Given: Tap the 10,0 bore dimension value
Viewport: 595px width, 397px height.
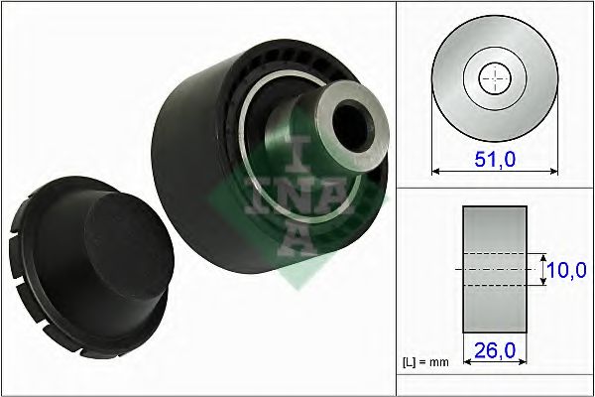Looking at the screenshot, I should click(x=568, y=268).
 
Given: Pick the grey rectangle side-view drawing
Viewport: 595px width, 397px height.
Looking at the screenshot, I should click(x=493, y=269).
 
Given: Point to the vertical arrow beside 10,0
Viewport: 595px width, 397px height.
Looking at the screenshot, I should click(x=543, y=269).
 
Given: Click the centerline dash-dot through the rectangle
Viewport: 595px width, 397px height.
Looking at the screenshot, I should click(x=493, y=269).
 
